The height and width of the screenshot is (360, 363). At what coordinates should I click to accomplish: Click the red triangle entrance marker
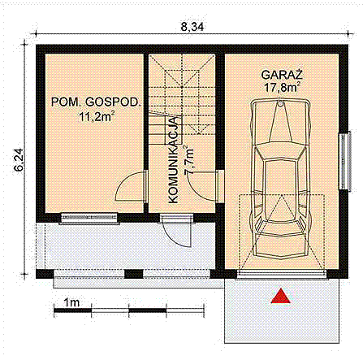(x=281, y=297)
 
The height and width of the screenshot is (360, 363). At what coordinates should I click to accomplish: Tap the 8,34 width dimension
(x=192, y=27)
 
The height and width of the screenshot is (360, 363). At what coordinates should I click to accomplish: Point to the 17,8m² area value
(x=280, y=85)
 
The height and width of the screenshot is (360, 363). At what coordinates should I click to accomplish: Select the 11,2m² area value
(x=96, y=117)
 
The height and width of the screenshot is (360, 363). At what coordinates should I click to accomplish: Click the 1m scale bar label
(x=71, y=301)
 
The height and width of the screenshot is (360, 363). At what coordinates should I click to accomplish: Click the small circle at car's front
(x=280, y=103)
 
